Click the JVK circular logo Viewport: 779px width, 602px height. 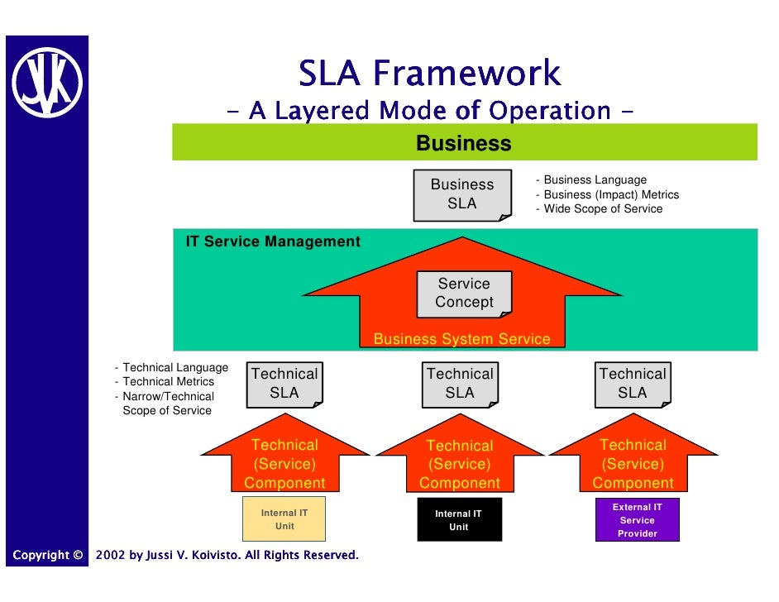[46, 82]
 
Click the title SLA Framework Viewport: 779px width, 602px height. [429, 74]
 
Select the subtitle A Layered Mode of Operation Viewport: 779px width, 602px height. [429, 110]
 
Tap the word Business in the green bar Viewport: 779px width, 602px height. [463, 144]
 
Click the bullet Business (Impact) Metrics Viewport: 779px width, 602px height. [610, 195]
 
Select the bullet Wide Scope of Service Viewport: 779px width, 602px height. [602, 209]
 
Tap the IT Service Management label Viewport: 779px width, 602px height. [273, 242]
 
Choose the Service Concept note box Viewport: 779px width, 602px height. [464, 293]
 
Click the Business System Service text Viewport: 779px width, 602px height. [461, 339]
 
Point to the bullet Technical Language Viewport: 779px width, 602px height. [174, 367]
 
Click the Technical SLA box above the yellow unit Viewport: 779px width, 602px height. [284, 384]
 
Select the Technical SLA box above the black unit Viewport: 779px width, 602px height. [460, 384]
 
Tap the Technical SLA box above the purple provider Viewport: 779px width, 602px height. [633, 384]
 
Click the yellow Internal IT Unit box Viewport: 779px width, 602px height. [284, 519]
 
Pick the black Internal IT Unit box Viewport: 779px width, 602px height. [459, 520]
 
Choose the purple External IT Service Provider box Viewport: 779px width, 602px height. [638, 520]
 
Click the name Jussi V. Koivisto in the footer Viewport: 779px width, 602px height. [189, 555]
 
